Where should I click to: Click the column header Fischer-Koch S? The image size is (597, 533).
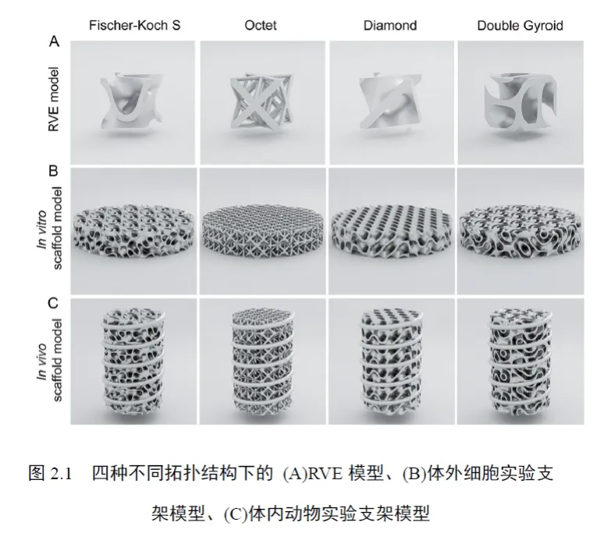click(134, 26)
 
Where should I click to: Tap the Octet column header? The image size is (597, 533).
click(261, 26)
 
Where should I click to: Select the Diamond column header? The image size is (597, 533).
click(390, 26)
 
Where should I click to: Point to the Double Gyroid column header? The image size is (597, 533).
click(520, 26)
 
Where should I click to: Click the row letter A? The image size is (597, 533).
click(54, 41)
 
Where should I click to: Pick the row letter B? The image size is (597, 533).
click(54, 171)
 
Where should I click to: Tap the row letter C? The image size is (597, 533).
click(53, 302)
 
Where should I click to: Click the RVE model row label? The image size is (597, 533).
click(54, 100)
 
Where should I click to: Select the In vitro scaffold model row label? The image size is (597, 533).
click(49, 228)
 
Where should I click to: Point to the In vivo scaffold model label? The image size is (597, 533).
click(49, 360)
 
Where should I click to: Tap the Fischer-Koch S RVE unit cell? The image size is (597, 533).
click(130, 102)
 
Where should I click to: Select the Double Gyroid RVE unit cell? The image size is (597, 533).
click(521, 103)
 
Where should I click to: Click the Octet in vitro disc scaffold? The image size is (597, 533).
click(262, 231)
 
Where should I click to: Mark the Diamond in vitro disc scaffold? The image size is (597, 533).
click(392, 232)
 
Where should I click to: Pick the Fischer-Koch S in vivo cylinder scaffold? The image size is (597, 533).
click(133, 361)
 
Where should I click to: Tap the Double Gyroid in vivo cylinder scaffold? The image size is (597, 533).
click(520, 361)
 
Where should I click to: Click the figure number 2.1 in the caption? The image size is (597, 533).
click(61, 474)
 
